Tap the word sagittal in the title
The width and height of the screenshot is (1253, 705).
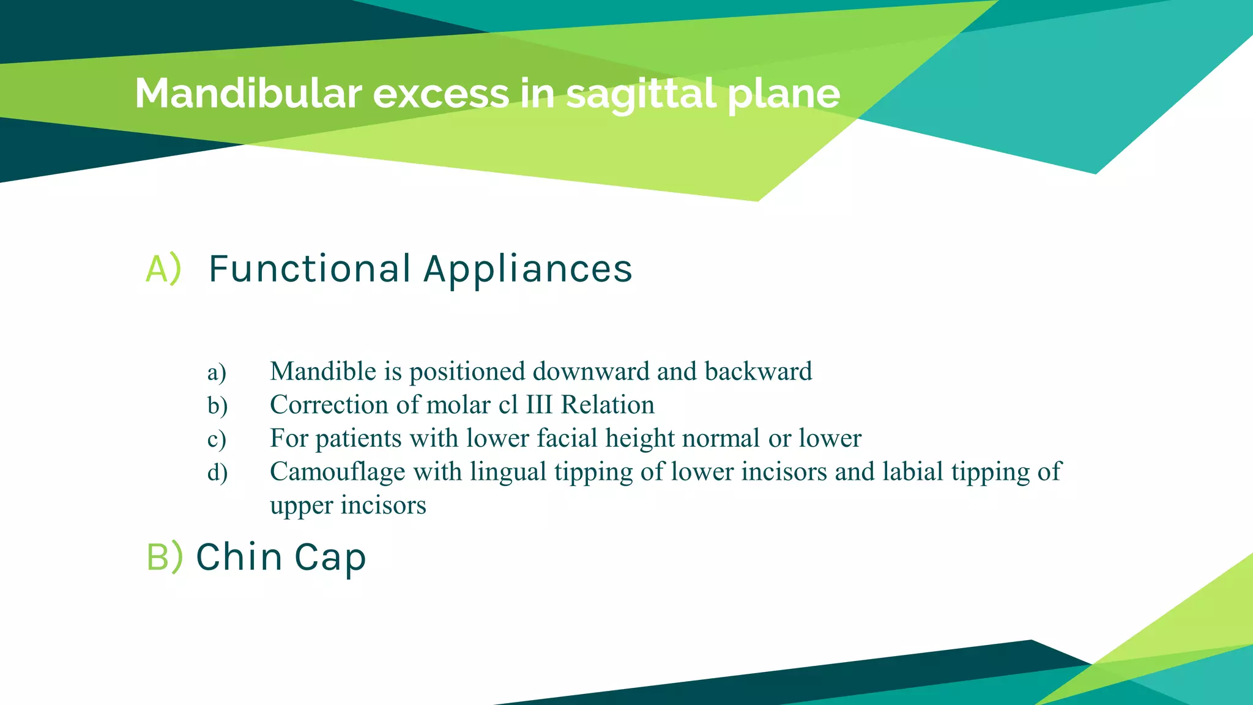click(x=641, y=94)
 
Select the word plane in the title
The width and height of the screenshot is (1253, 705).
click(x=784, y=95)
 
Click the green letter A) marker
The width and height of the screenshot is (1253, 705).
click(x=163, y=269)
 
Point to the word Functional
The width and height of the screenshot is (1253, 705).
click(x=310, y=269)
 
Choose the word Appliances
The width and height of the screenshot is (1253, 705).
click(x=528, y=270)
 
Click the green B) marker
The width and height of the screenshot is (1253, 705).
click(x=165, y=557)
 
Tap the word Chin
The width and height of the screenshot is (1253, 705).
click(x=239, y=557)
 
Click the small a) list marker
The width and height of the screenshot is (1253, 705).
click(x=217, y=372)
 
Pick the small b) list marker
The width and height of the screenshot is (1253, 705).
click(x=217, y=406)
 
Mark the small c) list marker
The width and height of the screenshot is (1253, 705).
click(x=217, y=439)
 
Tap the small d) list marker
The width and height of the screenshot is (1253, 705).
click(x=217, y=472)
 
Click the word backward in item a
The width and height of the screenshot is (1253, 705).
click(x=758, y=371)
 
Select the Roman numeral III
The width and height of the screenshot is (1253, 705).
click(x=539, y=405)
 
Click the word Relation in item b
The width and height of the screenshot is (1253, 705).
click(x=608, y=405)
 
